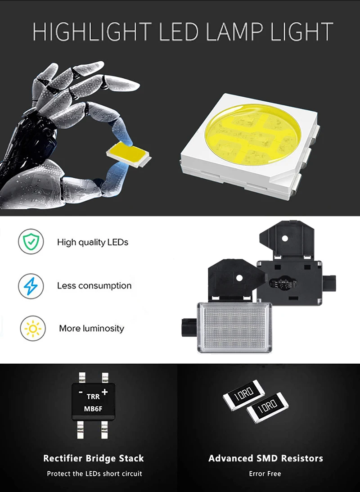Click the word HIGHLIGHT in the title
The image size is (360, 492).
[x=92, y=32]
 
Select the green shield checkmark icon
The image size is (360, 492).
[x=31, y=242]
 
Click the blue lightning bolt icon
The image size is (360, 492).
[x=31, y=286]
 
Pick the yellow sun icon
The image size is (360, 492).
[x=33, y=329]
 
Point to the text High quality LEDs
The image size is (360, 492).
[x=93, y=242]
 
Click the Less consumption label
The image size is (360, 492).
[x=94, y=285]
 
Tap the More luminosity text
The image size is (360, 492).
[x=91, y=329]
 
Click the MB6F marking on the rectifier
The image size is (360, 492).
[x=93, y=409]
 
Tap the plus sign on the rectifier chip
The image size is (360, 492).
[x=104, y=392]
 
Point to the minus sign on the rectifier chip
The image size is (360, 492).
[x=81, y=392]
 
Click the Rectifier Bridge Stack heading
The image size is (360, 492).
[x=94, y=458]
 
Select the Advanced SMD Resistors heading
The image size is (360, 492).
[x=265, y=458]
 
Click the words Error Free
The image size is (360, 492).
[x=265, y=474]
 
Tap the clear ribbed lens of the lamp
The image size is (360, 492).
[x=234, y=326]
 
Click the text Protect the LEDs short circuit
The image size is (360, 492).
[x=94, y=474]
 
